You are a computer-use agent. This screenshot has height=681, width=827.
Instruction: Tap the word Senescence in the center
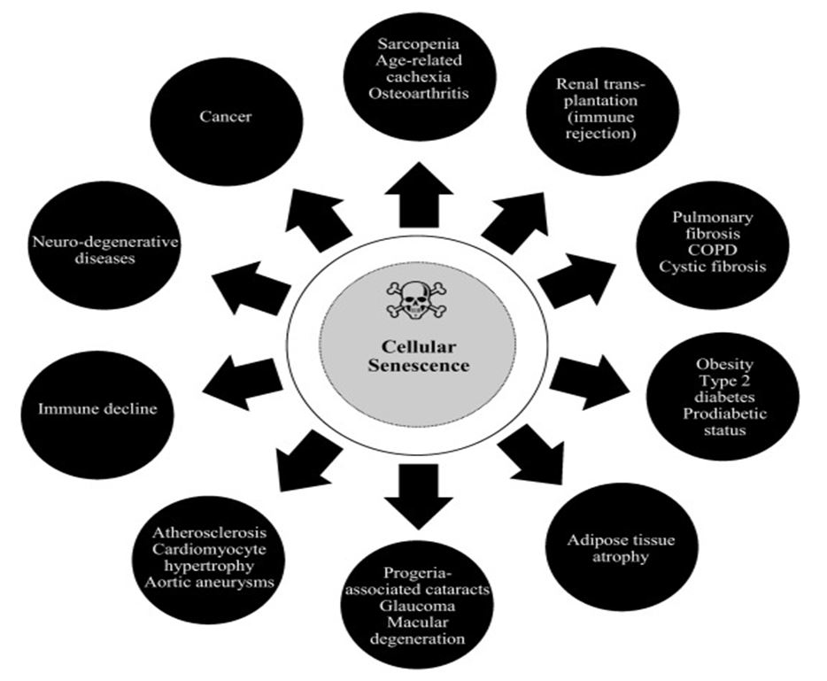[x=419, y=364]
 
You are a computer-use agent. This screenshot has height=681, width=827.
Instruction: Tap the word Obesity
[x=724, y=364]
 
